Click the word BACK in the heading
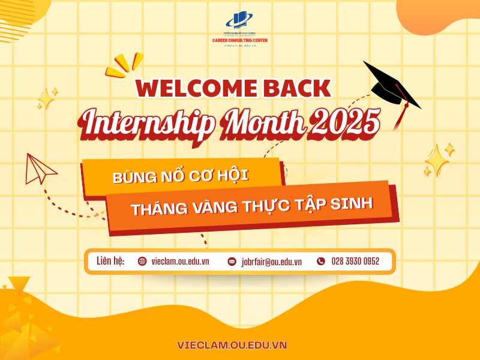pos(297,88)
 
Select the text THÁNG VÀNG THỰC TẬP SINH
pos(251,206)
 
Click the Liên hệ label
pos(110,261)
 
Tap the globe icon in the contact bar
pos(142,261)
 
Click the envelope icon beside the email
pos(232,262)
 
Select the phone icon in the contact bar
pos(320,261)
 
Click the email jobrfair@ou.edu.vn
pos(271,262)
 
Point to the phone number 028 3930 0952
pos(355,261)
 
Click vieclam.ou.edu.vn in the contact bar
pos(180,262)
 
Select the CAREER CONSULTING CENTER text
pos(240,40)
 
